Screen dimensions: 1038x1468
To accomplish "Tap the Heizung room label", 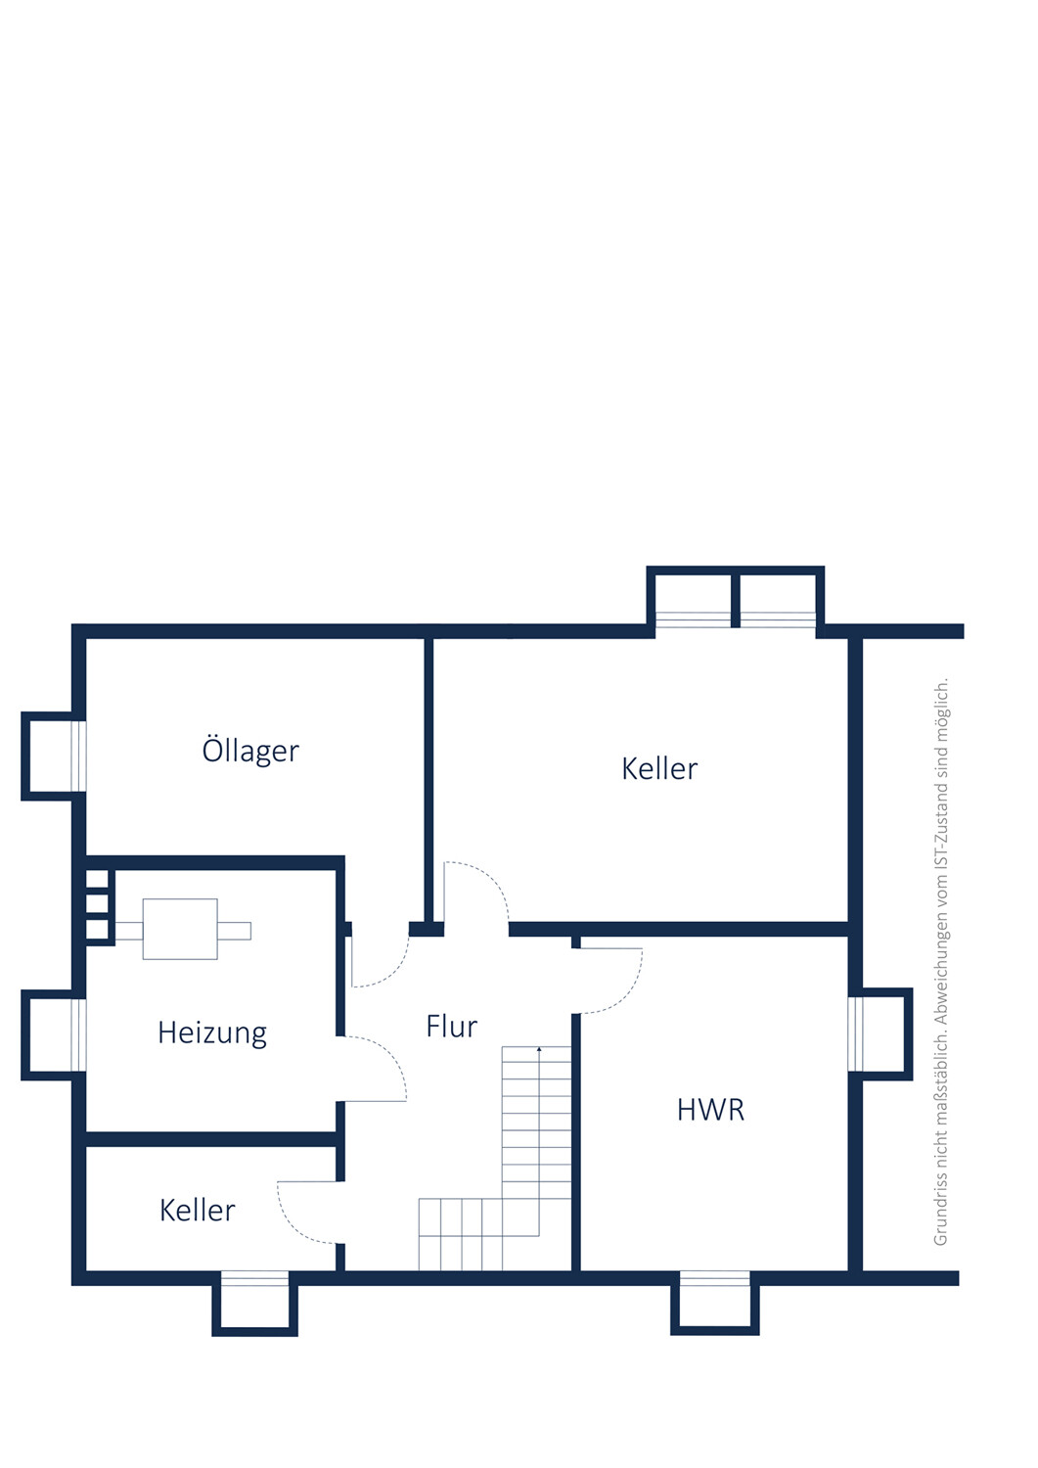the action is coord(212,1033).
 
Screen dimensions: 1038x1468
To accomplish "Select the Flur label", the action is coord(452,1027).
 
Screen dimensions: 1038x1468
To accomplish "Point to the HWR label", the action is coord(711,1110).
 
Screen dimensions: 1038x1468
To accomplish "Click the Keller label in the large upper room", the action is coord(659,768).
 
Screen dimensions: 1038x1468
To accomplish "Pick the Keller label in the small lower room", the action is coord(198,1211).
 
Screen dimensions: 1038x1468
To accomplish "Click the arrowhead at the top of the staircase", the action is coord(539,1049).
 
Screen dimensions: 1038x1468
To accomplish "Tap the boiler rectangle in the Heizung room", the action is coord(180,930).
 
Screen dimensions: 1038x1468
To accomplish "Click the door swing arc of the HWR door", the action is coord(628,990).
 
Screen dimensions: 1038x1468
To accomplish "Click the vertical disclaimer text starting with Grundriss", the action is coord(941,962).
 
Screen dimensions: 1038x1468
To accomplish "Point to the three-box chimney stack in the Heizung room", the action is coord(98,907).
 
